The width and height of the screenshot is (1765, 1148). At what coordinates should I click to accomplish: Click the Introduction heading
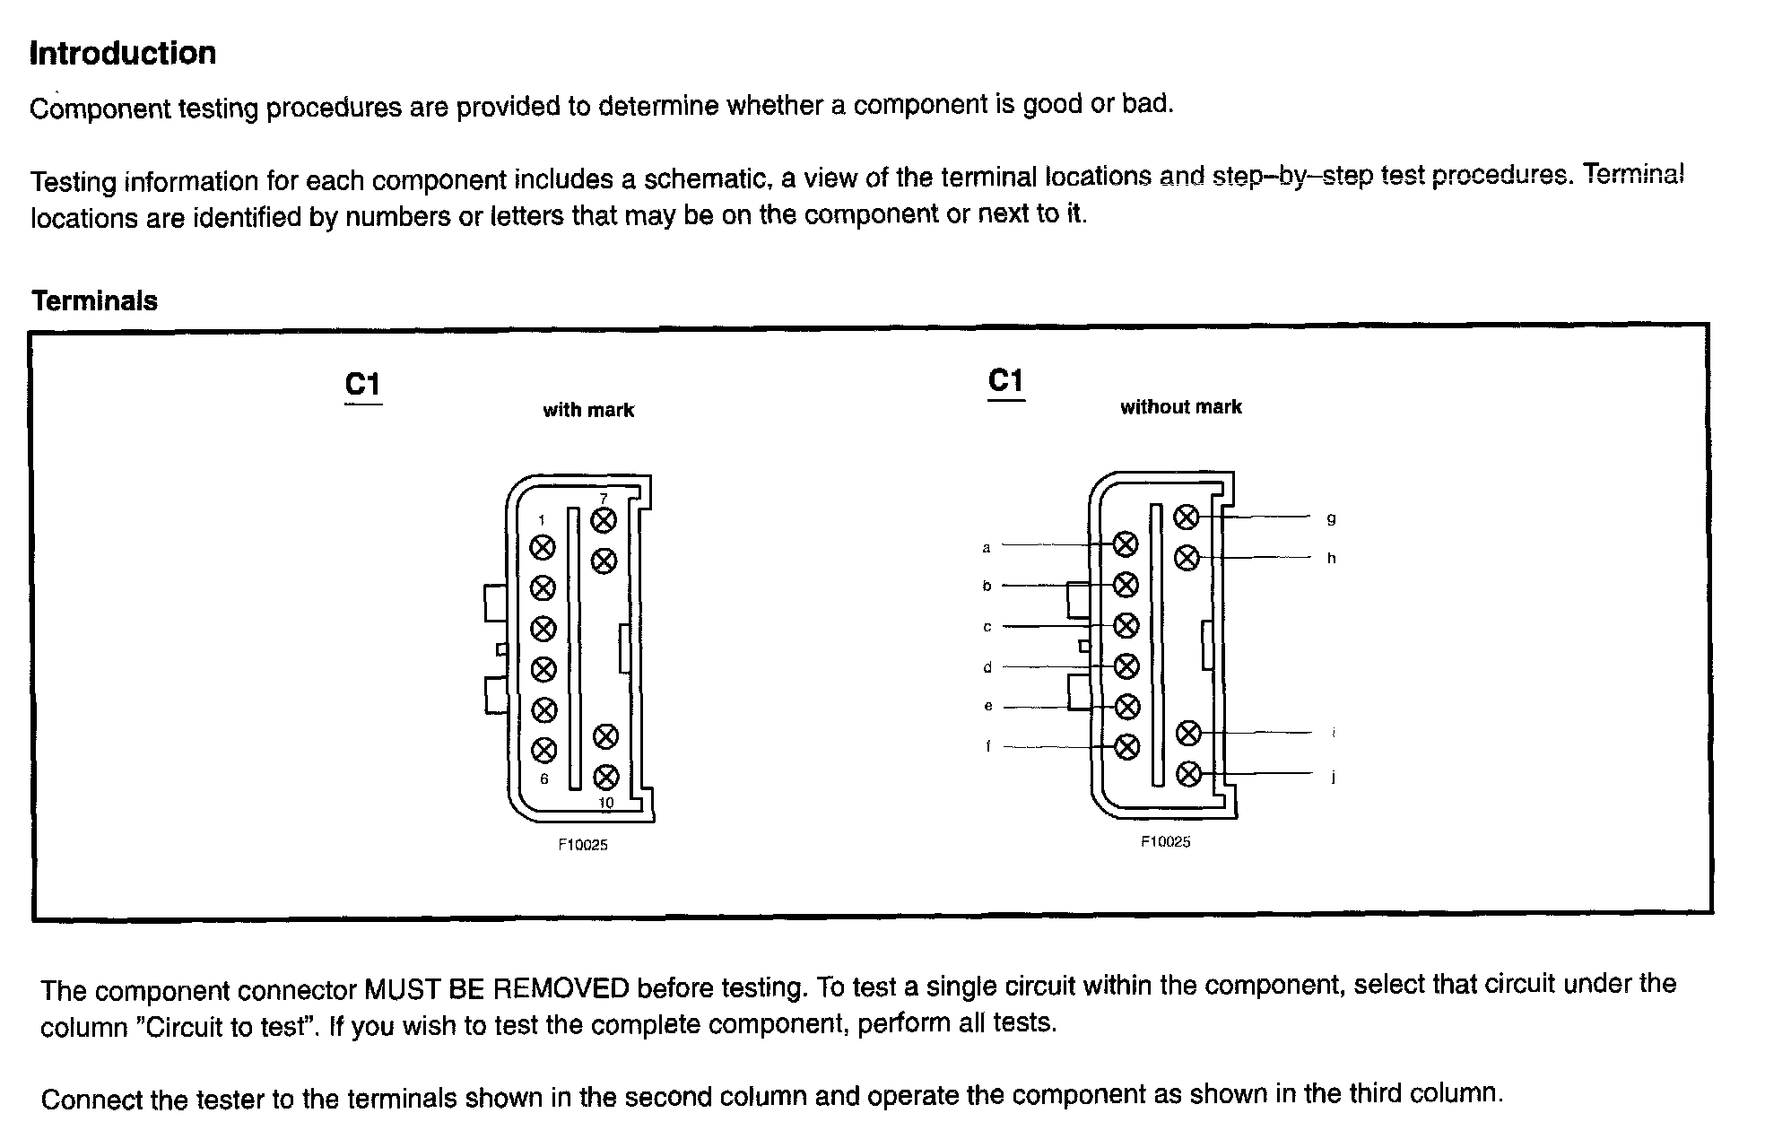[x=123, y=54]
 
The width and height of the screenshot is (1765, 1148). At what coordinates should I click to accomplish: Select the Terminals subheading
[x=94, y=301]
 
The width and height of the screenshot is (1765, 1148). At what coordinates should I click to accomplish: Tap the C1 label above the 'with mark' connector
[x=363, y=385]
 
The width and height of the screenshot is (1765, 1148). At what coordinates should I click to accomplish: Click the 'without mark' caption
[x=1180, y=407]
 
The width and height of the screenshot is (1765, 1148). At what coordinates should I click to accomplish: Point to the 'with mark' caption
[x=588, y=411]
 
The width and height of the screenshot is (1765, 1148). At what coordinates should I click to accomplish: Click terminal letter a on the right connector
[x=987, y=547]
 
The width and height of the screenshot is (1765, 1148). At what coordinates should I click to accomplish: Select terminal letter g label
[x=1331, y=518]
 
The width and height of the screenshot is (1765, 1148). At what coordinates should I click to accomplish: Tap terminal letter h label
[x=1332, y=559]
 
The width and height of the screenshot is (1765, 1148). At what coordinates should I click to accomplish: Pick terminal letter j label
[x=1333, y=778]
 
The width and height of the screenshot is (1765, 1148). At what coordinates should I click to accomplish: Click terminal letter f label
[x=987, y=746]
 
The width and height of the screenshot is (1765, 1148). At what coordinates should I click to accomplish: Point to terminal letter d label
[x=987, y=667]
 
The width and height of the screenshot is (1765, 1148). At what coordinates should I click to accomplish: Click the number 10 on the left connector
[x=606, y=803]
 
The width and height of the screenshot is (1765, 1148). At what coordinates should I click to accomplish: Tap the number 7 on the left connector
[x=604, y=499]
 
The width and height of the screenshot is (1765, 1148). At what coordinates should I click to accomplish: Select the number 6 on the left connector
[x=543, y=778]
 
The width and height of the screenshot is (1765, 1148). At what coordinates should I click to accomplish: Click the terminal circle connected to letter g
[x=1187, y=517]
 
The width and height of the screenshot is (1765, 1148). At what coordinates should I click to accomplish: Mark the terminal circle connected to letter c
[x=1126, y=625]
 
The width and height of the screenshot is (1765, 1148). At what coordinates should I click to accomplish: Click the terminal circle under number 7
[x=604, y=520]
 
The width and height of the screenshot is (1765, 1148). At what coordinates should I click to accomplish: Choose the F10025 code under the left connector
[x=583, y=845]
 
